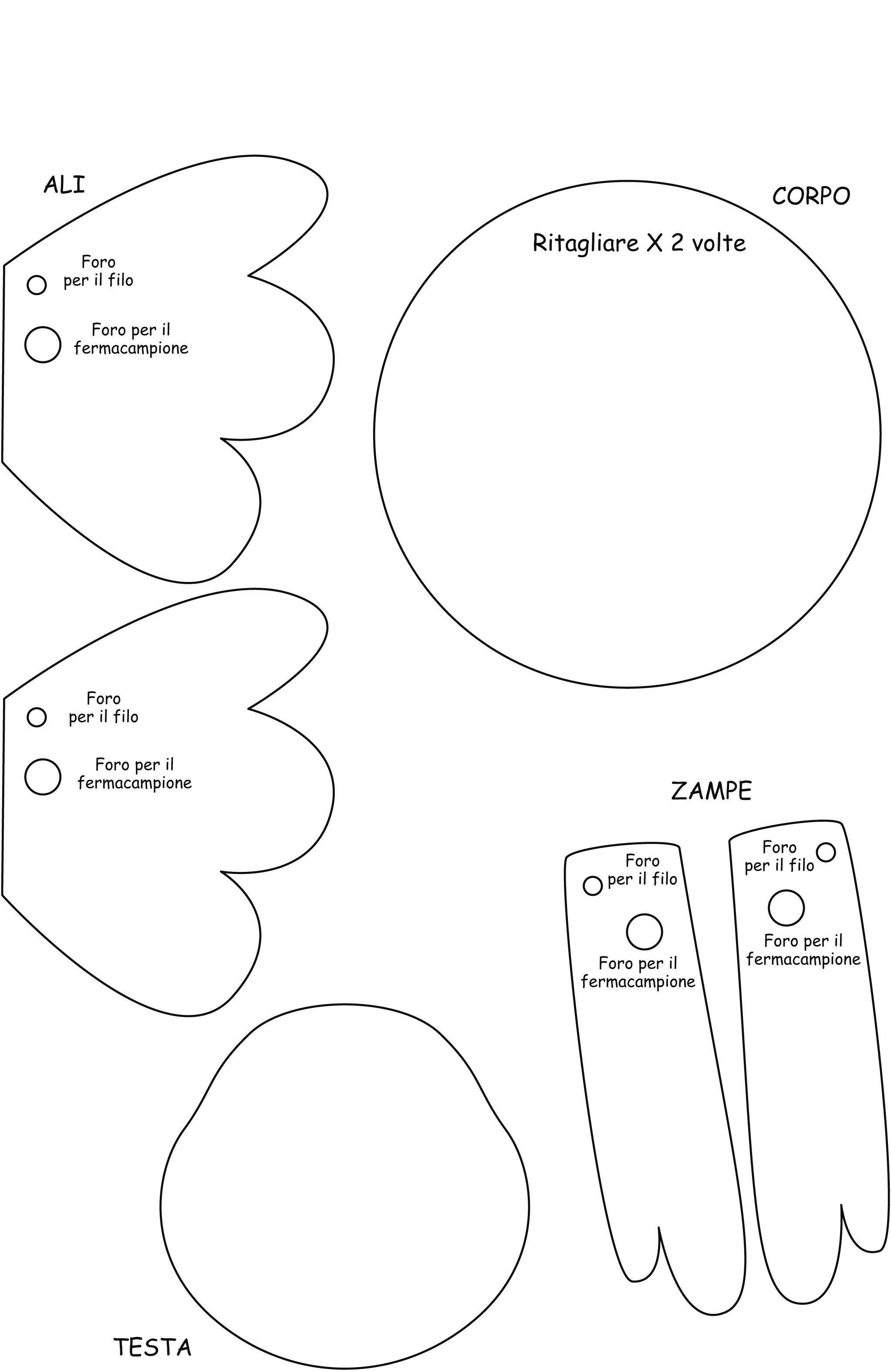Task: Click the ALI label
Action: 64,185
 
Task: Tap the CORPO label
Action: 810,197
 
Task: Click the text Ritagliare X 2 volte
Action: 639,243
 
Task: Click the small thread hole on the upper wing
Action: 37,285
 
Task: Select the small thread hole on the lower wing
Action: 37,717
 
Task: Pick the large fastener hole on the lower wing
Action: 43,776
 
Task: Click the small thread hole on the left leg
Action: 592,885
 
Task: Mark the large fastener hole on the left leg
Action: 645,932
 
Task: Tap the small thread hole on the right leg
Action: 826,852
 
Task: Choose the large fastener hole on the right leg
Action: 786,908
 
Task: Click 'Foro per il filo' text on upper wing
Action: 98,271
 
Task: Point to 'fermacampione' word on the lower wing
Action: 135,783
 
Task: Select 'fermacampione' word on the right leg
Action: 803,959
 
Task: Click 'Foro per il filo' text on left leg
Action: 642,870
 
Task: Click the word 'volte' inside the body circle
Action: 719,244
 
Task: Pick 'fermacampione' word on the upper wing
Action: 131,348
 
